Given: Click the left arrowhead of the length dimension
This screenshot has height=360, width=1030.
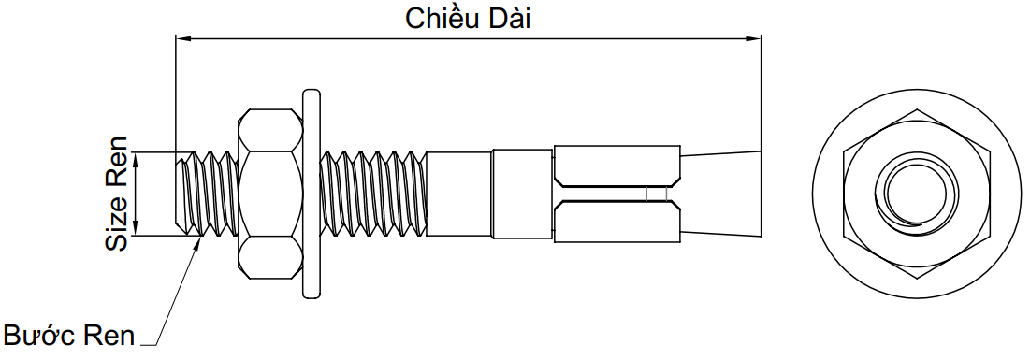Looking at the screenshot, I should pos(183,38).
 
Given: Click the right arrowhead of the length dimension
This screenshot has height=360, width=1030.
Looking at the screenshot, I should pos(754,38).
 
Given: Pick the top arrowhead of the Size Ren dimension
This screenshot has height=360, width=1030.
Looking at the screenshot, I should pos(138,160).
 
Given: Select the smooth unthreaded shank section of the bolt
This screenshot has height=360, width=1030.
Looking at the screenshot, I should pos(458,194).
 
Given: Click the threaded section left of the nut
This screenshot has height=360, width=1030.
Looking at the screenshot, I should pos(208,194).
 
